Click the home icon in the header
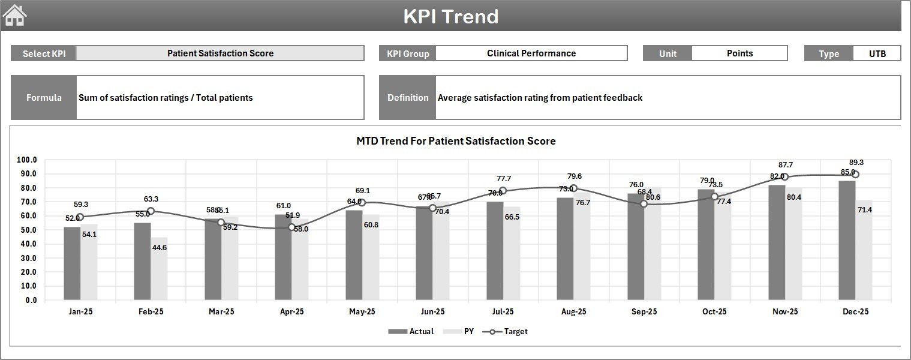pyautogui.click(x=15, y=16)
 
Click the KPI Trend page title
pyautogui.click(x=450, y=16)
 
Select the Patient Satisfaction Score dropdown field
pyautogui.click(x=220, y=53)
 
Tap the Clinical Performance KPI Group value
pyautogui.click(x=531, y=53)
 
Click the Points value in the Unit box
pyautogui.click(x=739, y=53)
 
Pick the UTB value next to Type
pyautogui.click(x=877, y=53)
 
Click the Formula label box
pyautogui.click(x=44, y=98)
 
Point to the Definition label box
pyautogui.click(x=408, y=98)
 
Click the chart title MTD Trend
pyautogui.click(x=456, y=141)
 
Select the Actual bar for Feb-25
pyautogui.click(x=142, y=262)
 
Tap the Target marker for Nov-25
pyautogui.click(x=784, y=177)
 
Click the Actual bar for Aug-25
pyautogui.click(x=565, y=249)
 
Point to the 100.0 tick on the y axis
pyautogui.click(x=26, y=160)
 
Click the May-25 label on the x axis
pyautogui.click(x=362, y=312)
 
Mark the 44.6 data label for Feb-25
pyautogui.click(x=160, y=248)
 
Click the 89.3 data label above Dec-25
pyautogui.click(x=856, y=163)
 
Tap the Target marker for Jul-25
pyautogui.click(x=503, y=191)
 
